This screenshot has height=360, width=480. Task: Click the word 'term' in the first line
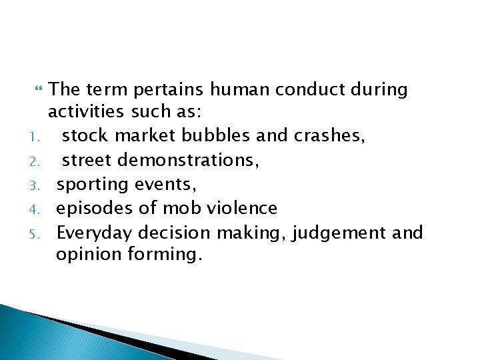(101, 89)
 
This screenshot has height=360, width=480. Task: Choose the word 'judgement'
(335, 233)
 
